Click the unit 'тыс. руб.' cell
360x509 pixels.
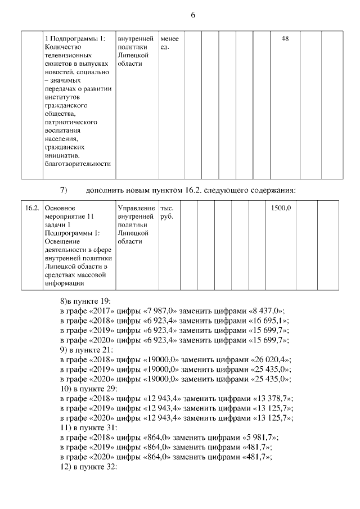[x=167, y=212]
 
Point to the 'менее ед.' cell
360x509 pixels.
[x=169, y=43]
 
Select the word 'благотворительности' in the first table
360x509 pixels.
[x=76, y=164]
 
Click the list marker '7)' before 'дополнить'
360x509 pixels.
[x=64, y=188]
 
